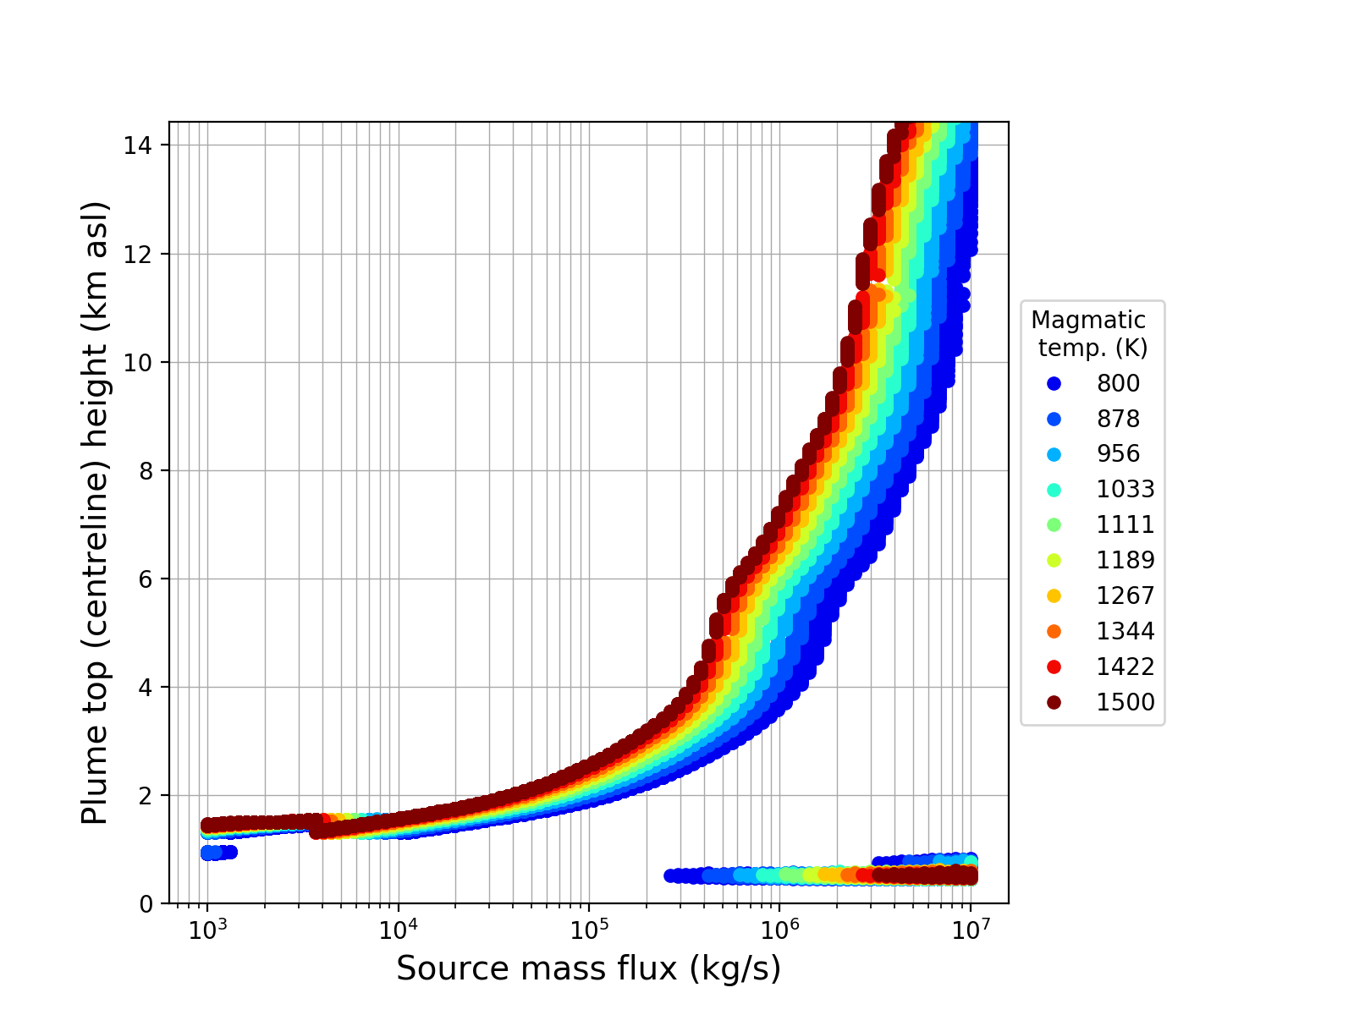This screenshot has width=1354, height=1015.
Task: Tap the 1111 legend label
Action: pyautogui.click(x=1125, y=524)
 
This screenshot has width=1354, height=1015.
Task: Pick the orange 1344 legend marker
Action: pyautogui.click(x=1054, y=631)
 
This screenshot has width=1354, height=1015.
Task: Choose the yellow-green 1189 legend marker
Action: pyautogui.click(x=1054, y=560)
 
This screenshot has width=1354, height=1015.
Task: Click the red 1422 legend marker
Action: pyautogui.click(x=1054, y=667)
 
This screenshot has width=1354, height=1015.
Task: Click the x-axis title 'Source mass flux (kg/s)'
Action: pyautogui.click(x=588, y=968)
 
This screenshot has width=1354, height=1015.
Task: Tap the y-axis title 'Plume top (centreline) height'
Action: pyautogui.click(x=96, y=513)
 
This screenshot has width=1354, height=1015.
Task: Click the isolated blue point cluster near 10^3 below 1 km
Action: pyautogui.click(x=218, y=852)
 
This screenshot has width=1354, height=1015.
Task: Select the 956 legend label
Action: pyautogui.click(x=1118, y=453)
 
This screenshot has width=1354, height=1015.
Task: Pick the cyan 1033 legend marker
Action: pyautogui.click(x=1054, y=489)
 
